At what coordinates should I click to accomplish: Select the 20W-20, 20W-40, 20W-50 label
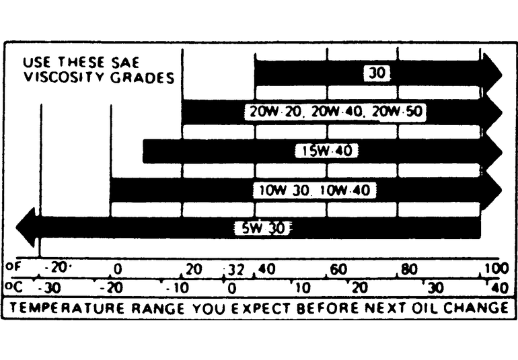click(334, 112)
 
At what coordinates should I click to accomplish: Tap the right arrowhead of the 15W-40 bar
click(492, 151)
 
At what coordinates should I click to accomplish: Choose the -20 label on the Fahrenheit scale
click(57, 268)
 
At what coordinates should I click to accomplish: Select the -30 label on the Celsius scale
click(50, 288)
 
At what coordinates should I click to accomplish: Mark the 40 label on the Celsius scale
click(499, 288)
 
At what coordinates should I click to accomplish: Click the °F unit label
click(13, 267)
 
